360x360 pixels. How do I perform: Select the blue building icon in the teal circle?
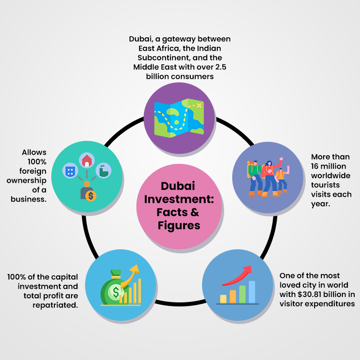pos(70,171)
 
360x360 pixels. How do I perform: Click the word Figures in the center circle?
pos(179,225)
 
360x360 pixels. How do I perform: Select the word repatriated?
pos(55,305)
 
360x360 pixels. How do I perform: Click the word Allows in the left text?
pos(34,153)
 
